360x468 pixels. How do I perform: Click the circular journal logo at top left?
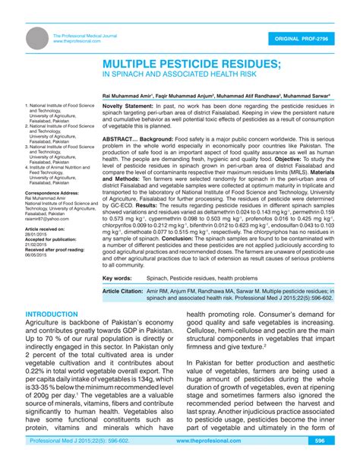[x=34, y=39]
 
